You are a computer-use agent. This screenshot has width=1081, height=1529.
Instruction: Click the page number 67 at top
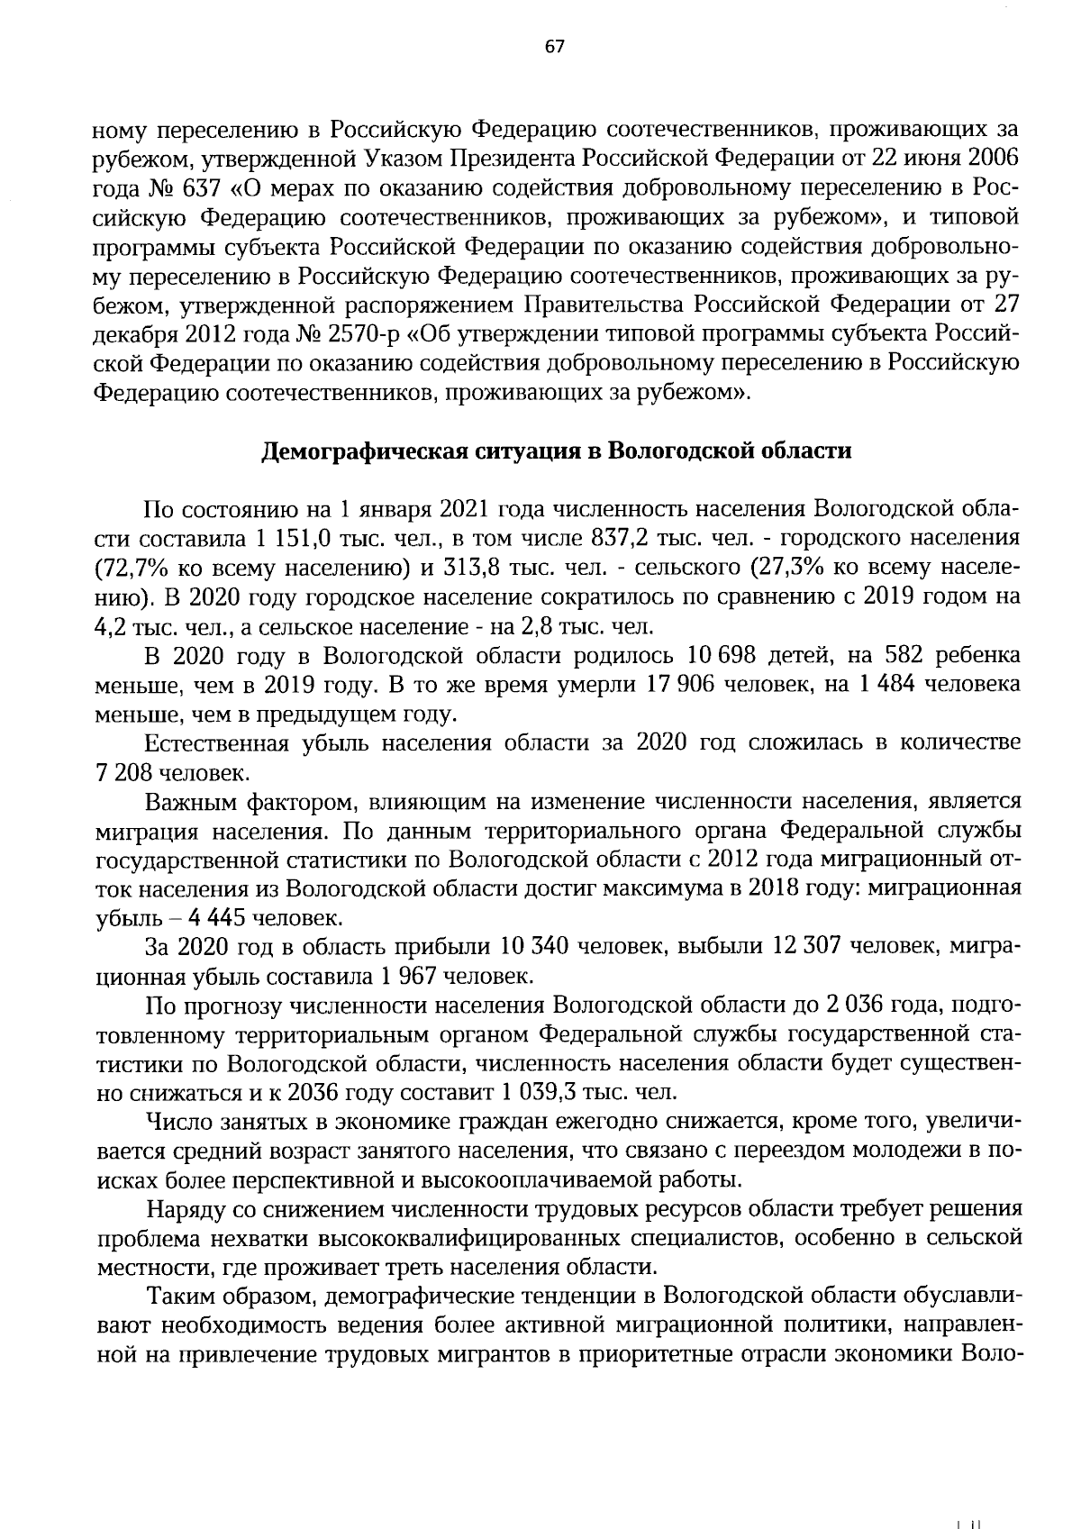[x=553, y=48]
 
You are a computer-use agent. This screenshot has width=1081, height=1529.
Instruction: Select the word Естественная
[x=218, y=743]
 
